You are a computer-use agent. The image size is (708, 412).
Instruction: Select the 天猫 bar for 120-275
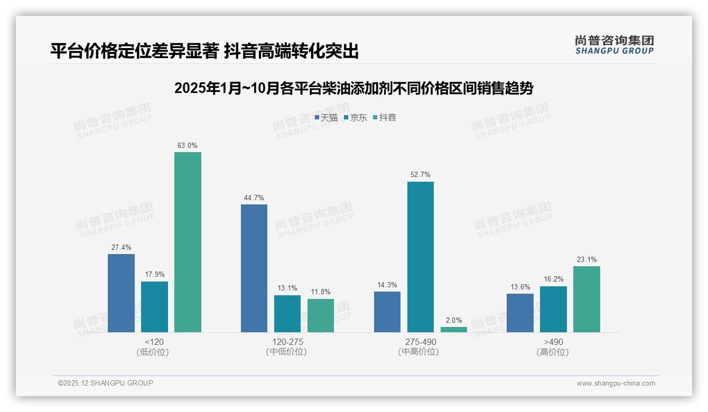(x=254, y=268)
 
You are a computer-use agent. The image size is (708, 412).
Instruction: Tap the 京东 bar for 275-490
(x=421, y=257)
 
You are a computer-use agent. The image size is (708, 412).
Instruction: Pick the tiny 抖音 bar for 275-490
(x=454, y=330)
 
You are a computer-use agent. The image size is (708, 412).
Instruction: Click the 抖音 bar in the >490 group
(x=586, y=299)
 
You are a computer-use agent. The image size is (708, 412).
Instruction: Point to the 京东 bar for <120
(x=154, y=307)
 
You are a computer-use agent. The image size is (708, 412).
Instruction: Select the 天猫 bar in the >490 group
(x=520, y=313)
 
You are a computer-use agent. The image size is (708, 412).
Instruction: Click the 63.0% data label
(x=188, y=145)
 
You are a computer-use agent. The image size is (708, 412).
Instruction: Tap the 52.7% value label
(x=421, y=174)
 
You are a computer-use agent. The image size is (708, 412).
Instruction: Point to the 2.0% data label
(x=454, y=320)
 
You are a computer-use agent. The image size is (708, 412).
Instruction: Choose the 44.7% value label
(x=254, y=198)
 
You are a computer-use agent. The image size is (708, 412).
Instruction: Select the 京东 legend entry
(x=356, y=117)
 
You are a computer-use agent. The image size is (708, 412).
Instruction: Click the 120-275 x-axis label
(x=287, y=342)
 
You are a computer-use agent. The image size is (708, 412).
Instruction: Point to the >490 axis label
(x=553, y=342)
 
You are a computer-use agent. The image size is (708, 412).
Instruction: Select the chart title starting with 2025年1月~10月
(x=353, y=88)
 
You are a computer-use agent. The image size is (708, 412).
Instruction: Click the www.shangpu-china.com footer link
(x=616, y=383)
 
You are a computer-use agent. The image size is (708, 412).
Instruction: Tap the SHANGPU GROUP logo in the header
(x=614, y=44)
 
